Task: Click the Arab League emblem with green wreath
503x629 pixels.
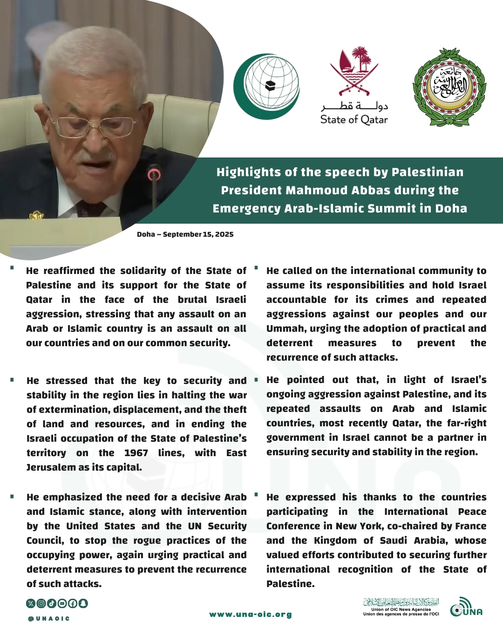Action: click(x=449, y=87)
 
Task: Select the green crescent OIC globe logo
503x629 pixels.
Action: click(x=267, y=86)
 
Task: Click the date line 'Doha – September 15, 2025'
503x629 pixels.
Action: click(x=185, y=234)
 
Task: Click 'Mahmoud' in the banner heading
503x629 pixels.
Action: click(x=317, y=191)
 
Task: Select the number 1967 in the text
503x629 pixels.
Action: click(x=136, y=453)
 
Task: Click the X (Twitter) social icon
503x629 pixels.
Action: click(x=31, y=603)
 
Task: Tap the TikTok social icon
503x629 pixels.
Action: click(x=52, y=603)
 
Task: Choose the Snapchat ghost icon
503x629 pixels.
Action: click(x=83, y=603)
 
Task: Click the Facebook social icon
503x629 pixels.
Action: click(x=73, y=603)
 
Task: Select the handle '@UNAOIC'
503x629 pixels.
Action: click(x=48, y=619)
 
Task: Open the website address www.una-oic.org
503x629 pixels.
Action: click(x=251, y=615)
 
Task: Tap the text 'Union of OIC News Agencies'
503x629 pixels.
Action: click(x=401, y=609)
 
